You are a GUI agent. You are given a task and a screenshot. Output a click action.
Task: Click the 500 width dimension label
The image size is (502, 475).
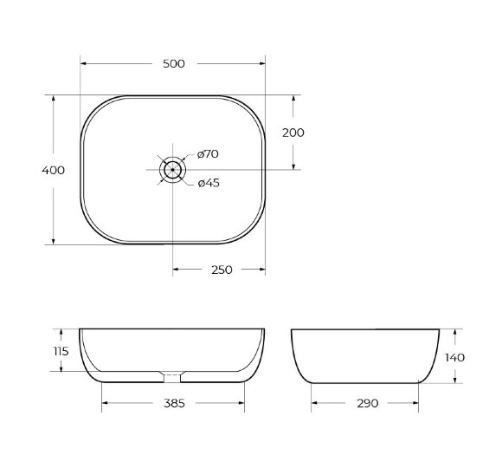tap(172, 63)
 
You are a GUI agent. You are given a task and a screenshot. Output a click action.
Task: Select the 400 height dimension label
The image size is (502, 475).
tap(53, 170)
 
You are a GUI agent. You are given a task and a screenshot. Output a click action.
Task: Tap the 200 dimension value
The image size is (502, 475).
tap(293, 133)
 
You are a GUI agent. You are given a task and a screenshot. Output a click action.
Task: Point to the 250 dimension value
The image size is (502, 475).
tap(222, 270)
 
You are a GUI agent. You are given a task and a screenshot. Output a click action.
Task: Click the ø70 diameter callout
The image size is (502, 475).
tap(208, 153)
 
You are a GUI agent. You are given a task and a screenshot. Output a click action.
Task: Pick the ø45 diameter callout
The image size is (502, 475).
tap(208, 183)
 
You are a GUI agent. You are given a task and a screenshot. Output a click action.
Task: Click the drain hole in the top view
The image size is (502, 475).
tap(173, 169)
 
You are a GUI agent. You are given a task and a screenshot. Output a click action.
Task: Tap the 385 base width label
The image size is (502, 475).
tap(173, 403)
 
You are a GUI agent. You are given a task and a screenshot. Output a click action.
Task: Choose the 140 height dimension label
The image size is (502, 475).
tap(455, 357)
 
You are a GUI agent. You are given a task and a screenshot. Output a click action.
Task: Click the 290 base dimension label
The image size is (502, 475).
tap(367, 403)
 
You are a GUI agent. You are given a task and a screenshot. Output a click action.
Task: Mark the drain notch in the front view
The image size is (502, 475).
tap(173, 376)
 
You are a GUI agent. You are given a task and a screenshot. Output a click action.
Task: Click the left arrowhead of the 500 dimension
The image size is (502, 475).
tap(84, 63)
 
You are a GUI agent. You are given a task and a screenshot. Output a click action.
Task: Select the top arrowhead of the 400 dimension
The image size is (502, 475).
tap(54, 99)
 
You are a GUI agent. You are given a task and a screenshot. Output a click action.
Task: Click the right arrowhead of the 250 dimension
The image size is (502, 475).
tap(261, 270)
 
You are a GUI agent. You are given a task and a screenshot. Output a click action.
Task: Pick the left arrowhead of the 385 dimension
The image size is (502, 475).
tap(106, 403)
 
